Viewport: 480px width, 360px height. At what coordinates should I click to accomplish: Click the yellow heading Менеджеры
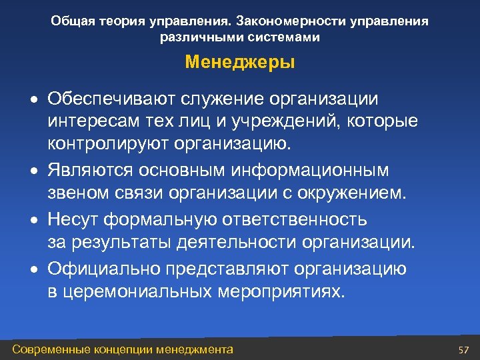point(240,63)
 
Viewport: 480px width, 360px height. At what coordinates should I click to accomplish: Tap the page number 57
point(464,350)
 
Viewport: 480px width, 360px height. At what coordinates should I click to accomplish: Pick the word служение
point(218,99)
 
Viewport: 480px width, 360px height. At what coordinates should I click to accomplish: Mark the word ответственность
point(297,219)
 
